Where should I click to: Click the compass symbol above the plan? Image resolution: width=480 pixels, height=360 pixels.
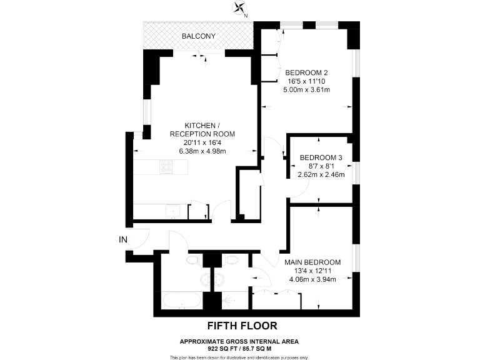pos(240,9)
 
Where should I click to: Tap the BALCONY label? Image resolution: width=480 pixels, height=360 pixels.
pos(199,36)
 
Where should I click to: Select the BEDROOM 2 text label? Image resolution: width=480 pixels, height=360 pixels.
pos(306,72)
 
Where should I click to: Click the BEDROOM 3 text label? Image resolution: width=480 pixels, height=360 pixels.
pos(321,157)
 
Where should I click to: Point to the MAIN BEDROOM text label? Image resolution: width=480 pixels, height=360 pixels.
pos(312,262)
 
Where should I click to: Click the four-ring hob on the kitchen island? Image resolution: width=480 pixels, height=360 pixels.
pos(167,167)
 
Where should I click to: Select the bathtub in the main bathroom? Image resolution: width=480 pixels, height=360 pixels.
pos(181,301)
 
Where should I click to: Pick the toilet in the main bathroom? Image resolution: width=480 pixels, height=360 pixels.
pos(193,259)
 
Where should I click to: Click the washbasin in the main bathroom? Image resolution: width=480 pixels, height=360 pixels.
pos(205,278)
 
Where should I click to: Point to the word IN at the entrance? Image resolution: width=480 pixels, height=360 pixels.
pos(123,239)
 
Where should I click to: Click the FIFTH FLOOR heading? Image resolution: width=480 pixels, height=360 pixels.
pos(241,326)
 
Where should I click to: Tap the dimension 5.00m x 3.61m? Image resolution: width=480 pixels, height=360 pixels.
pos(306,90)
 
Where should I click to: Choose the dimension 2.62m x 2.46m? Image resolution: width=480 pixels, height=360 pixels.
pos(321,175)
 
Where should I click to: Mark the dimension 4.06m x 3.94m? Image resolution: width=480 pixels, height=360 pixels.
pos(312,279)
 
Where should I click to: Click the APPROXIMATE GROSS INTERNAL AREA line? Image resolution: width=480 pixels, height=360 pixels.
pos(239,341)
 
